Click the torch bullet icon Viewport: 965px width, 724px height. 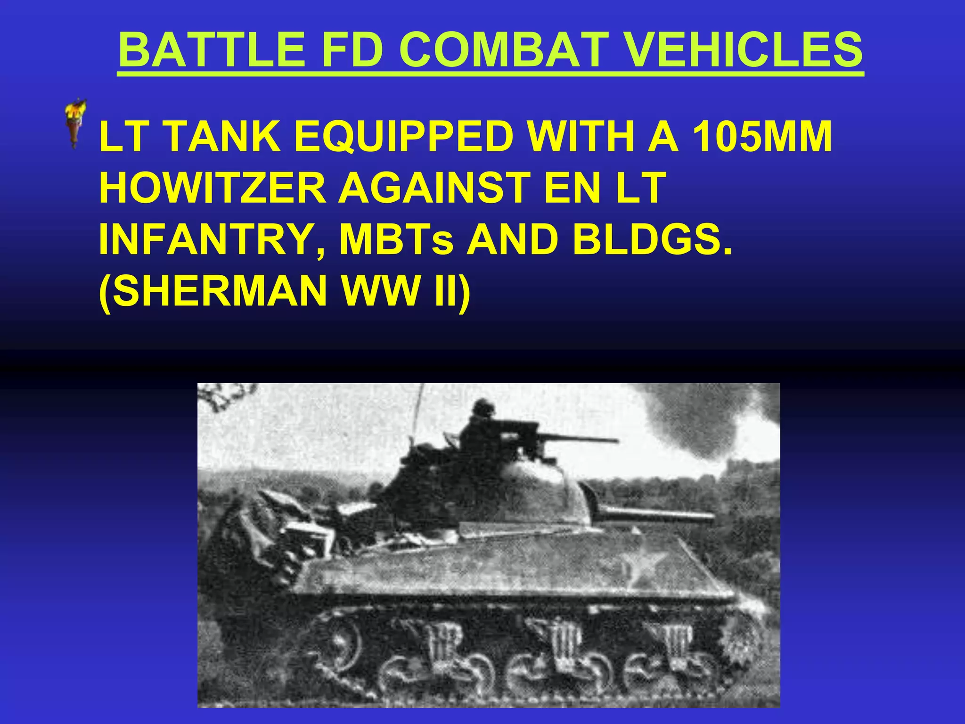click(x=75, y=123)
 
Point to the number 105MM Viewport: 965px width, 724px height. click(x=762, y=137)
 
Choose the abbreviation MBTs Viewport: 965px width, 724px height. click(x=397, y=239)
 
